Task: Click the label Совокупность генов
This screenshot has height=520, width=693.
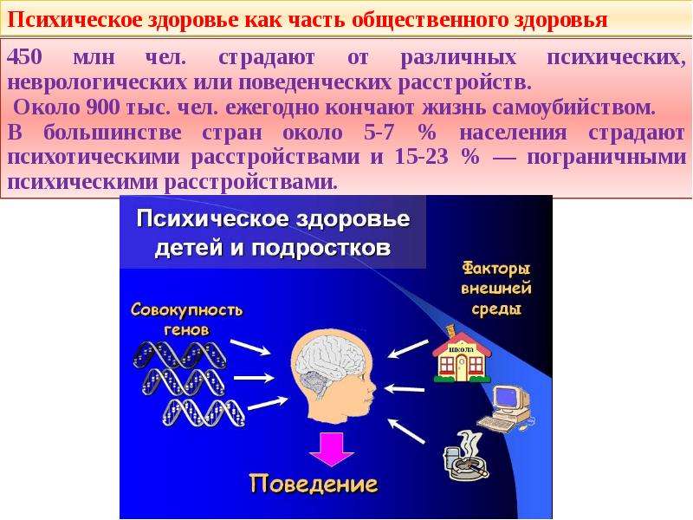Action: coord(186,318)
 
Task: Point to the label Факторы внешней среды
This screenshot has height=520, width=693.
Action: coord(495,288)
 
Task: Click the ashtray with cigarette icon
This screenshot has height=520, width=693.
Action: coord(463,456)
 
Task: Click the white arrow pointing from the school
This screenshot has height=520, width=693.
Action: coord(404,348)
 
